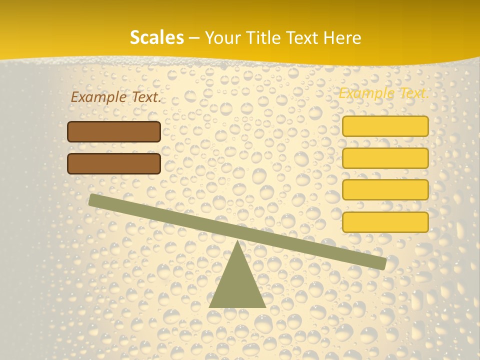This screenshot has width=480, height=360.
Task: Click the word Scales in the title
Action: click(x=156, y=37)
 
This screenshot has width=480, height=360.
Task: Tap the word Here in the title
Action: click(x=343, y=37)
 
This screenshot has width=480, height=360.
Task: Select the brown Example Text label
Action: click(x=116, y=97)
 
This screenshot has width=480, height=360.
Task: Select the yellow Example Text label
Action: click(x=383, y=93)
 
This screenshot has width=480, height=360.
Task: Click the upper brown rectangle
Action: click(x=114, y=132)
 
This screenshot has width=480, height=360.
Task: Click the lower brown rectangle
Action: click(x=114, y=163)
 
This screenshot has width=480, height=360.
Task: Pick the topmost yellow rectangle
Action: click(x=385, y=126)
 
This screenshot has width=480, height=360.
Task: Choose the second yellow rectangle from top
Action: click(x=385, y=158)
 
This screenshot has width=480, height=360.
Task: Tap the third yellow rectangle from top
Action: click(x=385, y=190)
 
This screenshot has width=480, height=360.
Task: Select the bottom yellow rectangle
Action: click(x=385, y=222)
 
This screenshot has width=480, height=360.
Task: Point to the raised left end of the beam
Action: click(x=94, y=200)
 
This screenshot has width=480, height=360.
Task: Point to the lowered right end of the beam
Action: click(x=380, y=263)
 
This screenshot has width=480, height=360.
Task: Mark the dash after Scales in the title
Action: click(x=194, y=38)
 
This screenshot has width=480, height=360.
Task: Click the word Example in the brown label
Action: click(x=98, y=97)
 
